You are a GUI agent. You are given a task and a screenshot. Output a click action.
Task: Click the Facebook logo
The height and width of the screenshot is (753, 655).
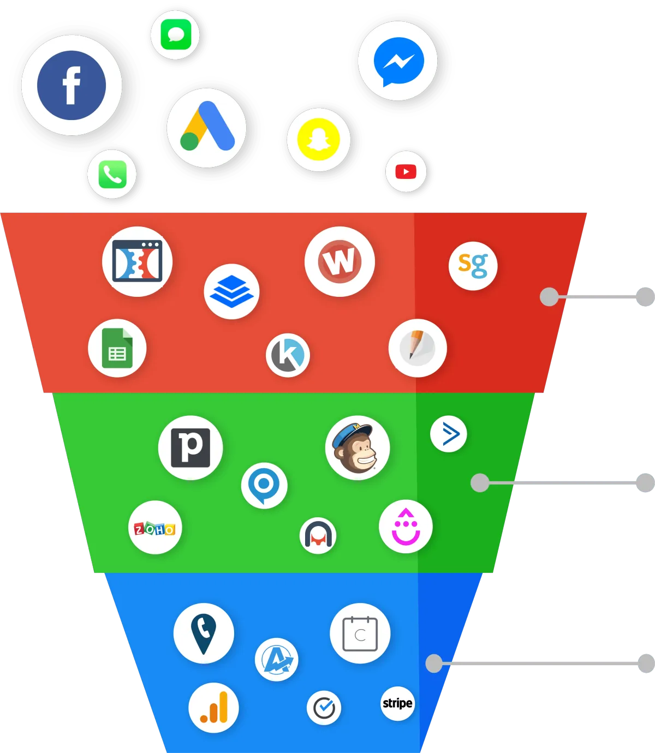tap(72, 85)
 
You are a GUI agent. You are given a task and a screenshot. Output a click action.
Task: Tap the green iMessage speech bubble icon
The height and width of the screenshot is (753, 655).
tap(176, 34)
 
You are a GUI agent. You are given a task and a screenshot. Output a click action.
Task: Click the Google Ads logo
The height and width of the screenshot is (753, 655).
tap(207, 126)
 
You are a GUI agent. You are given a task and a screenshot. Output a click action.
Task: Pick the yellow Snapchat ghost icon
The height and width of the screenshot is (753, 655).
tap(318, 140)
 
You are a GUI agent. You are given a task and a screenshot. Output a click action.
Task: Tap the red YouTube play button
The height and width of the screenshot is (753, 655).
tap(406, 171)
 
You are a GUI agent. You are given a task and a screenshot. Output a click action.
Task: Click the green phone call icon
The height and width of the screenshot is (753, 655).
tap(112, 174)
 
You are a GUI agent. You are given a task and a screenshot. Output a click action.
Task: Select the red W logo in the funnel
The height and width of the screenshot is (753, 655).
tap(340, 261)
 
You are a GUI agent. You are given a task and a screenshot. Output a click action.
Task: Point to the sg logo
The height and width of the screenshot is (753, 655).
tap(473, 265)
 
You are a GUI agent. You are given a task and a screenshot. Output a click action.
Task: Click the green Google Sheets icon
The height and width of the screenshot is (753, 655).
tap(117, 348)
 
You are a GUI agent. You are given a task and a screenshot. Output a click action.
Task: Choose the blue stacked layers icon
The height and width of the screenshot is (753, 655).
tap(231, 291)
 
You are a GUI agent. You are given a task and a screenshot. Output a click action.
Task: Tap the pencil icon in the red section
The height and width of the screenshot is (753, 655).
tap(417, 348)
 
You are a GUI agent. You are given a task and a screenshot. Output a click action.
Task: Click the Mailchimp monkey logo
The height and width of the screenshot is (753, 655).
tap(357, 447)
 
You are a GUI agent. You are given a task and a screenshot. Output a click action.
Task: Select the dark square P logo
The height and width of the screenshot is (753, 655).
tap(190, 447)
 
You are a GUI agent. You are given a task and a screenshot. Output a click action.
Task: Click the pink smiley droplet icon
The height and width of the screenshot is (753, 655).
tap(406, 527)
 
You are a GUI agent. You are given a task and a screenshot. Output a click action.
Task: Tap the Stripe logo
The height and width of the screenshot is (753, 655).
tap(397, 703)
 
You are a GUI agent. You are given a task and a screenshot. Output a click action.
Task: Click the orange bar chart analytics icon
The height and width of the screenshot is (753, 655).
tap(213, 707)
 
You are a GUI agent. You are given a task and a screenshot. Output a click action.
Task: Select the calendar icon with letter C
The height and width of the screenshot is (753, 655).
tap(360, 634)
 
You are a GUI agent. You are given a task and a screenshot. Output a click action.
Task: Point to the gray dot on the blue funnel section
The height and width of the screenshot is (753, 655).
tap(434, 663)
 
